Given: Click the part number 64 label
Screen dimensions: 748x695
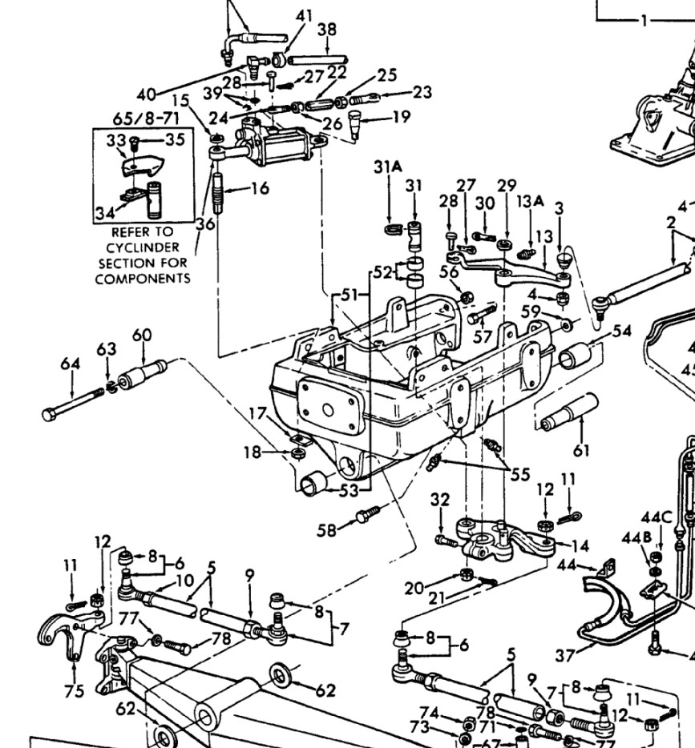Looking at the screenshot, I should [x=71, y=364].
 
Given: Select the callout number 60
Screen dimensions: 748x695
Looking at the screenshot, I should [x=142, y=335].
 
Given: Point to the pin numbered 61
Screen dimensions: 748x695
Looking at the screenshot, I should [x=572, y=413].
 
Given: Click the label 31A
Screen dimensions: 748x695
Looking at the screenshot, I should [x=388, y=167].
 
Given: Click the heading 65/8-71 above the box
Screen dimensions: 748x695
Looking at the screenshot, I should [x=145, y=119].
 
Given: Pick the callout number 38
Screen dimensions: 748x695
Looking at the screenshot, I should [x=326, y=30].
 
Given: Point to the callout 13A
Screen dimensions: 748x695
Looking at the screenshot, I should [x=529, y=202].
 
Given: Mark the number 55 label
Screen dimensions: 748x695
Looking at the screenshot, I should [x=519, y=474].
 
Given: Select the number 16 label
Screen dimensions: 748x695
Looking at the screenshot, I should [x=259, y=189].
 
